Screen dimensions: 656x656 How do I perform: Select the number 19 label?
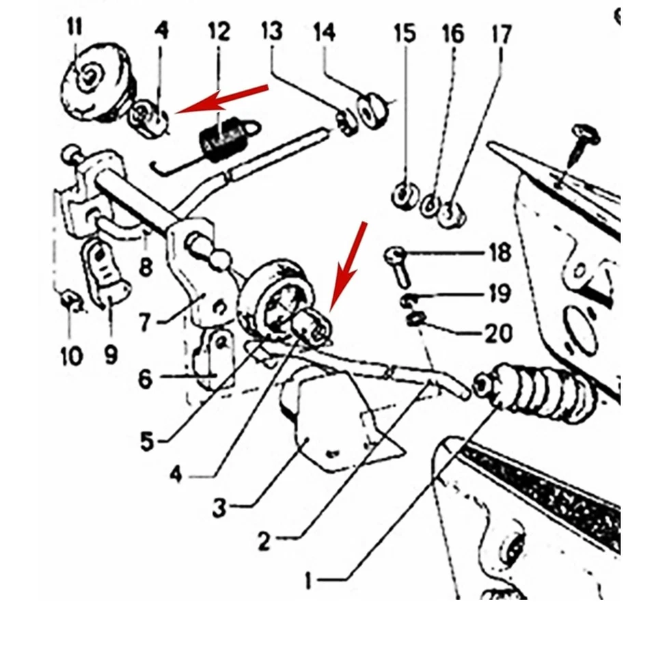click(500, 294)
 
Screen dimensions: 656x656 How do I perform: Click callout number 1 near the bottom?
click(308, 582)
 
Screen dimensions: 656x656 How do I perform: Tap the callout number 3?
click(219, 508)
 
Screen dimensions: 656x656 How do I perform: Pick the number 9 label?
click(111, 354)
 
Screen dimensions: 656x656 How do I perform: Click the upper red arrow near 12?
click(222, 98)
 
